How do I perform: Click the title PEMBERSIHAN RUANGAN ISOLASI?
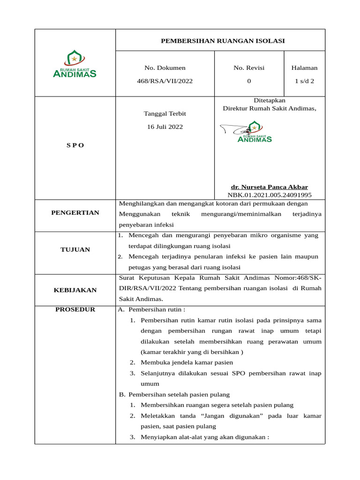coord(223,41)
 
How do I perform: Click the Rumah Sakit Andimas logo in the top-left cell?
coord(75,65)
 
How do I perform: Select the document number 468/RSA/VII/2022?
coord(165,81)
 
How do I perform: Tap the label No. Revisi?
coord(249,68)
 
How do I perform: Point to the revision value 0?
coord(249,81)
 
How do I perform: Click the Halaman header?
coord(304,68)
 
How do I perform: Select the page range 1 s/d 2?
coord(304,81)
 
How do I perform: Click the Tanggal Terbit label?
coord(165,114)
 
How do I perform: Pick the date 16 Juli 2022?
coord(165,127)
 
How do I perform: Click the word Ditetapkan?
coord(269,100)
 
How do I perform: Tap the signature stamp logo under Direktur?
coord(253,131)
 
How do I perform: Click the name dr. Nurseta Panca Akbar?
coord(269,187)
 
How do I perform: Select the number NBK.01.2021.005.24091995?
coord(269,195)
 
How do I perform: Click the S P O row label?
coord(75,145)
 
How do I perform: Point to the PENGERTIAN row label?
coord(75,213)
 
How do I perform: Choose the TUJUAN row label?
coord(75,249)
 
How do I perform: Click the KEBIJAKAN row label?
coord(75,290)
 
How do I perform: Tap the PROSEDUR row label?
coord(75,309)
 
